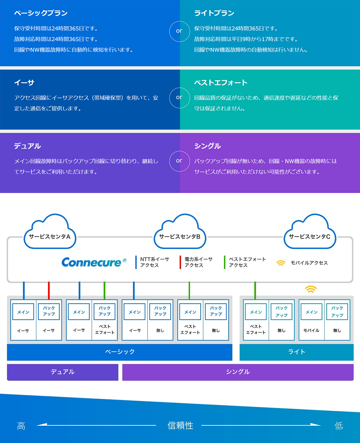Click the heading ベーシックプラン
coord(41,13)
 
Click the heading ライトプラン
coord(214,13)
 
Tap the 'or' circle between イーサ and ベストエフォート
coord(179,98)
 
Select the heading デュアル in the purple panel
coord(27,146)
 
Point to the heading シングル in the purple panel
coord(207,146)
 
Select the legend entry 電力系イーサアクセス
coord(198,262)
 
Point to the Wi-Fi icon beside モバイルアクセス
coord(281,263)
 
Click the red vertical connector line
coord(49,290)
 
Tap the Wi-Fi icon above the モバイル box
coord(311,289)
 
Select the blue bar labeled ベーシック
coord(120,352)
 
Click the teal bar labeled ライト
coord(296,352)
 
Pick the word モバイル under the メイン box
coord(311,330)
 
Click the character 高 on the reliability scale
coord(21,426)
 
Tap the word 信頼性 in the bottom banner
coord(180,425)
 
